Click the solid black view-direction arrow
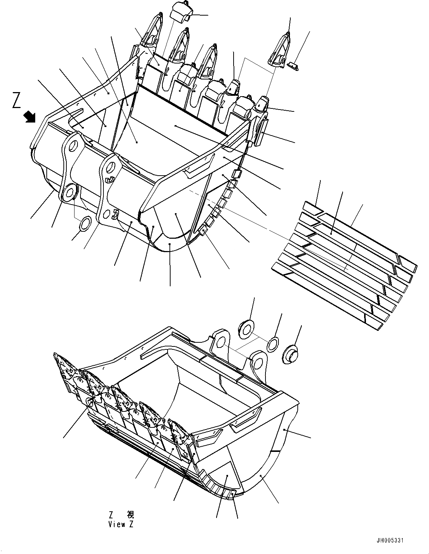(x=30, y=117)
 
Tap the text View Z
(x=121, y=525)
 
